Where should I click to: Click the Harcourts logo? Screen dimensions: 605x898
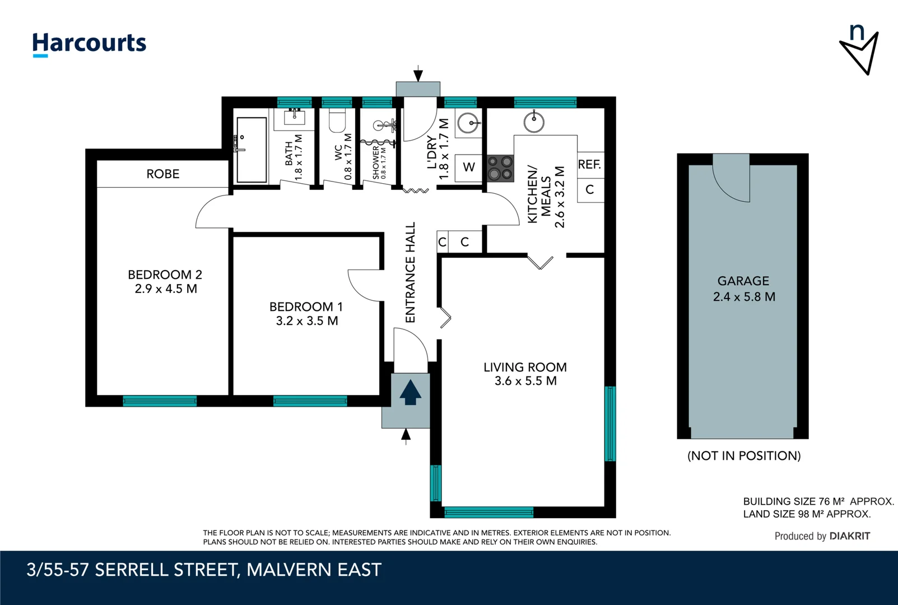tap(89, 44)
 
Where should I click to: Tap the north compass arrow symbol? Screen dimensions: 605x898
tap(859, 50)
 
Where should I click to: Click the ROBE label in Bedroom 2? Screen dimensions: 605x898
tap(162, 174)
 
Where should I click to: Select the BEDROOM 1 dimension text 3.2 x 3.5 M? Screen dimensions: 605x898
tap(306, 321)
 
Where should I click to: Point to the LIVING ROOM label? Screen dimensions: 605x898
tap(525, 367)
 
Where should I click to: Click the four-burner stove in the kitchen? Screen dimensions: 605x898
tap(500, 168)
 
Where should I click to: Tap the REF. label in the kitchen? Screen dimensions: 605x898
tap(589, 165)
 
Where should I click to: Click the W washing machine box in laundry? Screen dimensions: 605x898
tap(468, 167)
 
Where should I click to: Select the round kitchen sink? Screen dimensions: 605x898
tap(534, 122)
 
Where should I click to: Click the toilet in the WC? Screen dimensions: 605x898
tap(337, 120)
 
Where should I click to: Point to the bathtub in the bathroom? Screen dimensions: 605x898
tap(252, 150)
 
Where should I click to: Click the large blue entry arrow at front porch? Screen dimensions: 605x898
tap(410, 392)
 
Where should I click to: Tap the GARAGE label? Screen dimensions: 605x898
tap(743, 281)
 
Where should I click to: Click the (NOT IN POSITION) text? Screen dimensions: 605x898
tap(744, 456)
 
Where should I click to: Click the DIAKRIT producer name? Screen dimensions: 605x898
tap(850, 536)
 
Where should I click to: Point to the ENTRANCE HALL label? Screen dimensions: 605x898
tap(411, 272)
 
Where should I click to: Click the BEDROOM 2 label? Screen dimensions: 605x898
tap(165, 274)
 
